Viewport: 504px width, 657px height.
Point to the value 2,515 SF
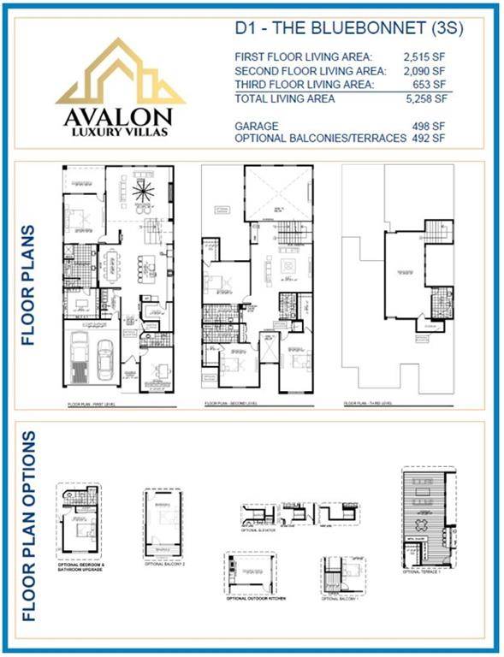tap(430, 56)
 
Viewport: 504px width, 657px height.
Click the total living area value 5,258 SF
tap(430, 98)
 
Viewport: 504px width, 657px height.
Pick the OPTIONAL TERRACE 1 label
tap(421, 571)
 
